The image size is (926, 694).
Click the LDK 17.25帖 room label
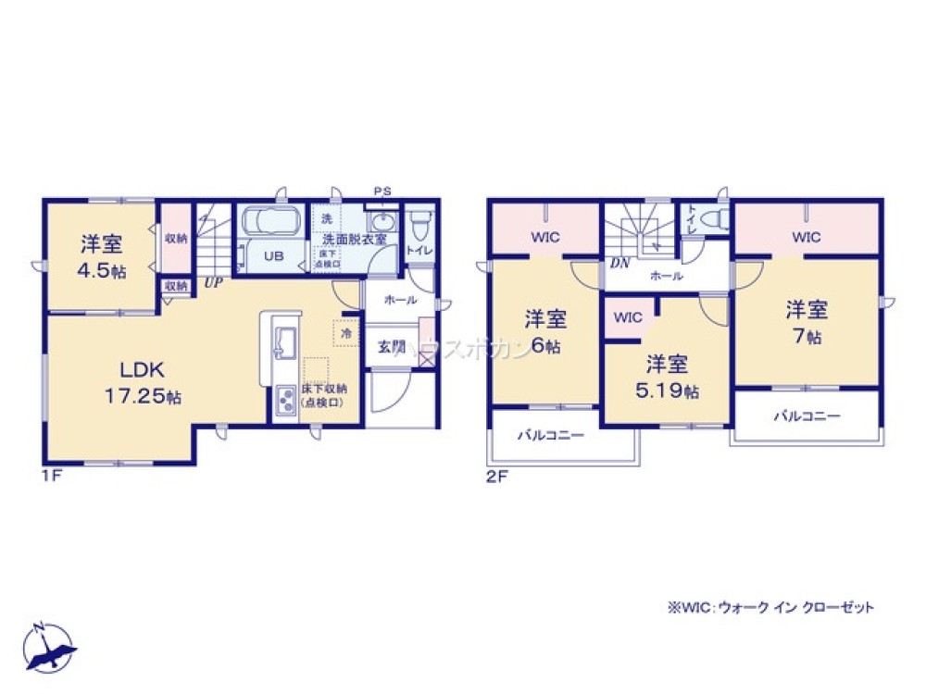[142, 381]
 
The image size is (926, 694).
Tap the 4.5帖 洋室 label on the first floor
[102, 256]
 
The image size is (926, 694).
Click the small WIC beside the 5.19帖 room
[627, 317]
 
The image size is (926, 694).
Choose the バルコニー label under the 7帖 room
[807, 416]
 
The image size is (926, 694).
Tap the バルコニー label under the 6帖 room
[550, 433]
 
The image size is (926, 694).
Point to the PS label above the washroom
[382, 192]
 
